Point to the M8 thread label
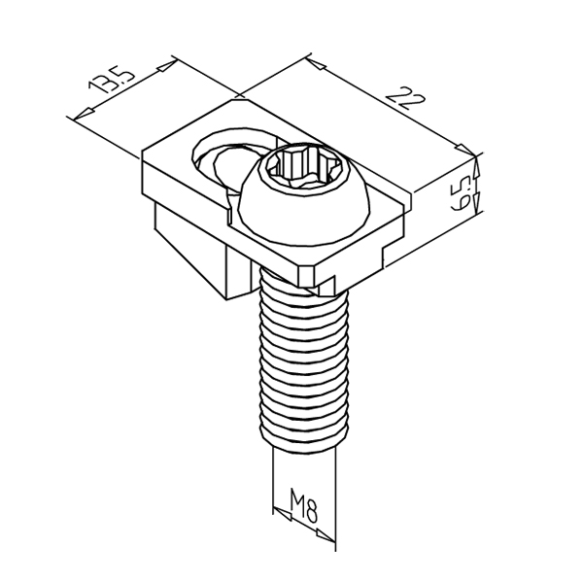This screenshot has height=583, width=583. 306,506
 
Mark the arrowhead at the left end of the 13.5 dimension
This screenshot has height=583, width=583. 73,118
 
